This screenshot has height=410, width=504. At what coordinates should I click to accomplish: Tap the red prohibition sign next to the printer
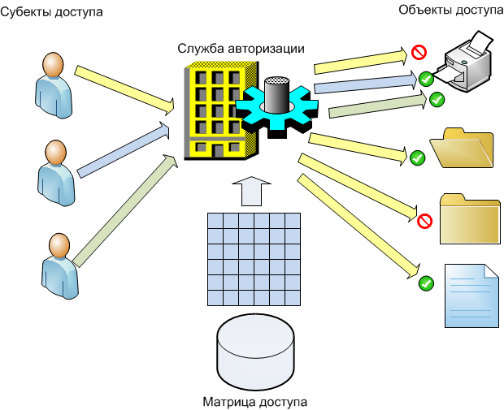(419, 54)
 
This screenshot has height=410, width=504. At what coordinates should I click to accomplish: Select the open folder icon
(462, 148)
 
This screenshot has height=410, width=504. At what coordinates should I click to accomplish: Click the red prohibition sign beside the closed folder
(424, 221)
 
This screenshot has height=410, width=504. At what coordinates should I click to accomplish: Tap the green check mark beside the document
(425, 283)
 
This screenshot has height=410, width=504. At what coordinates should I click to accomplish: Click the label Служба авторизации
(241, 48)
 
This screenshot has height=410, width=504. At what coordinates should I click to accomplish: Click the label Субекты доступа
(52, 13)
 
